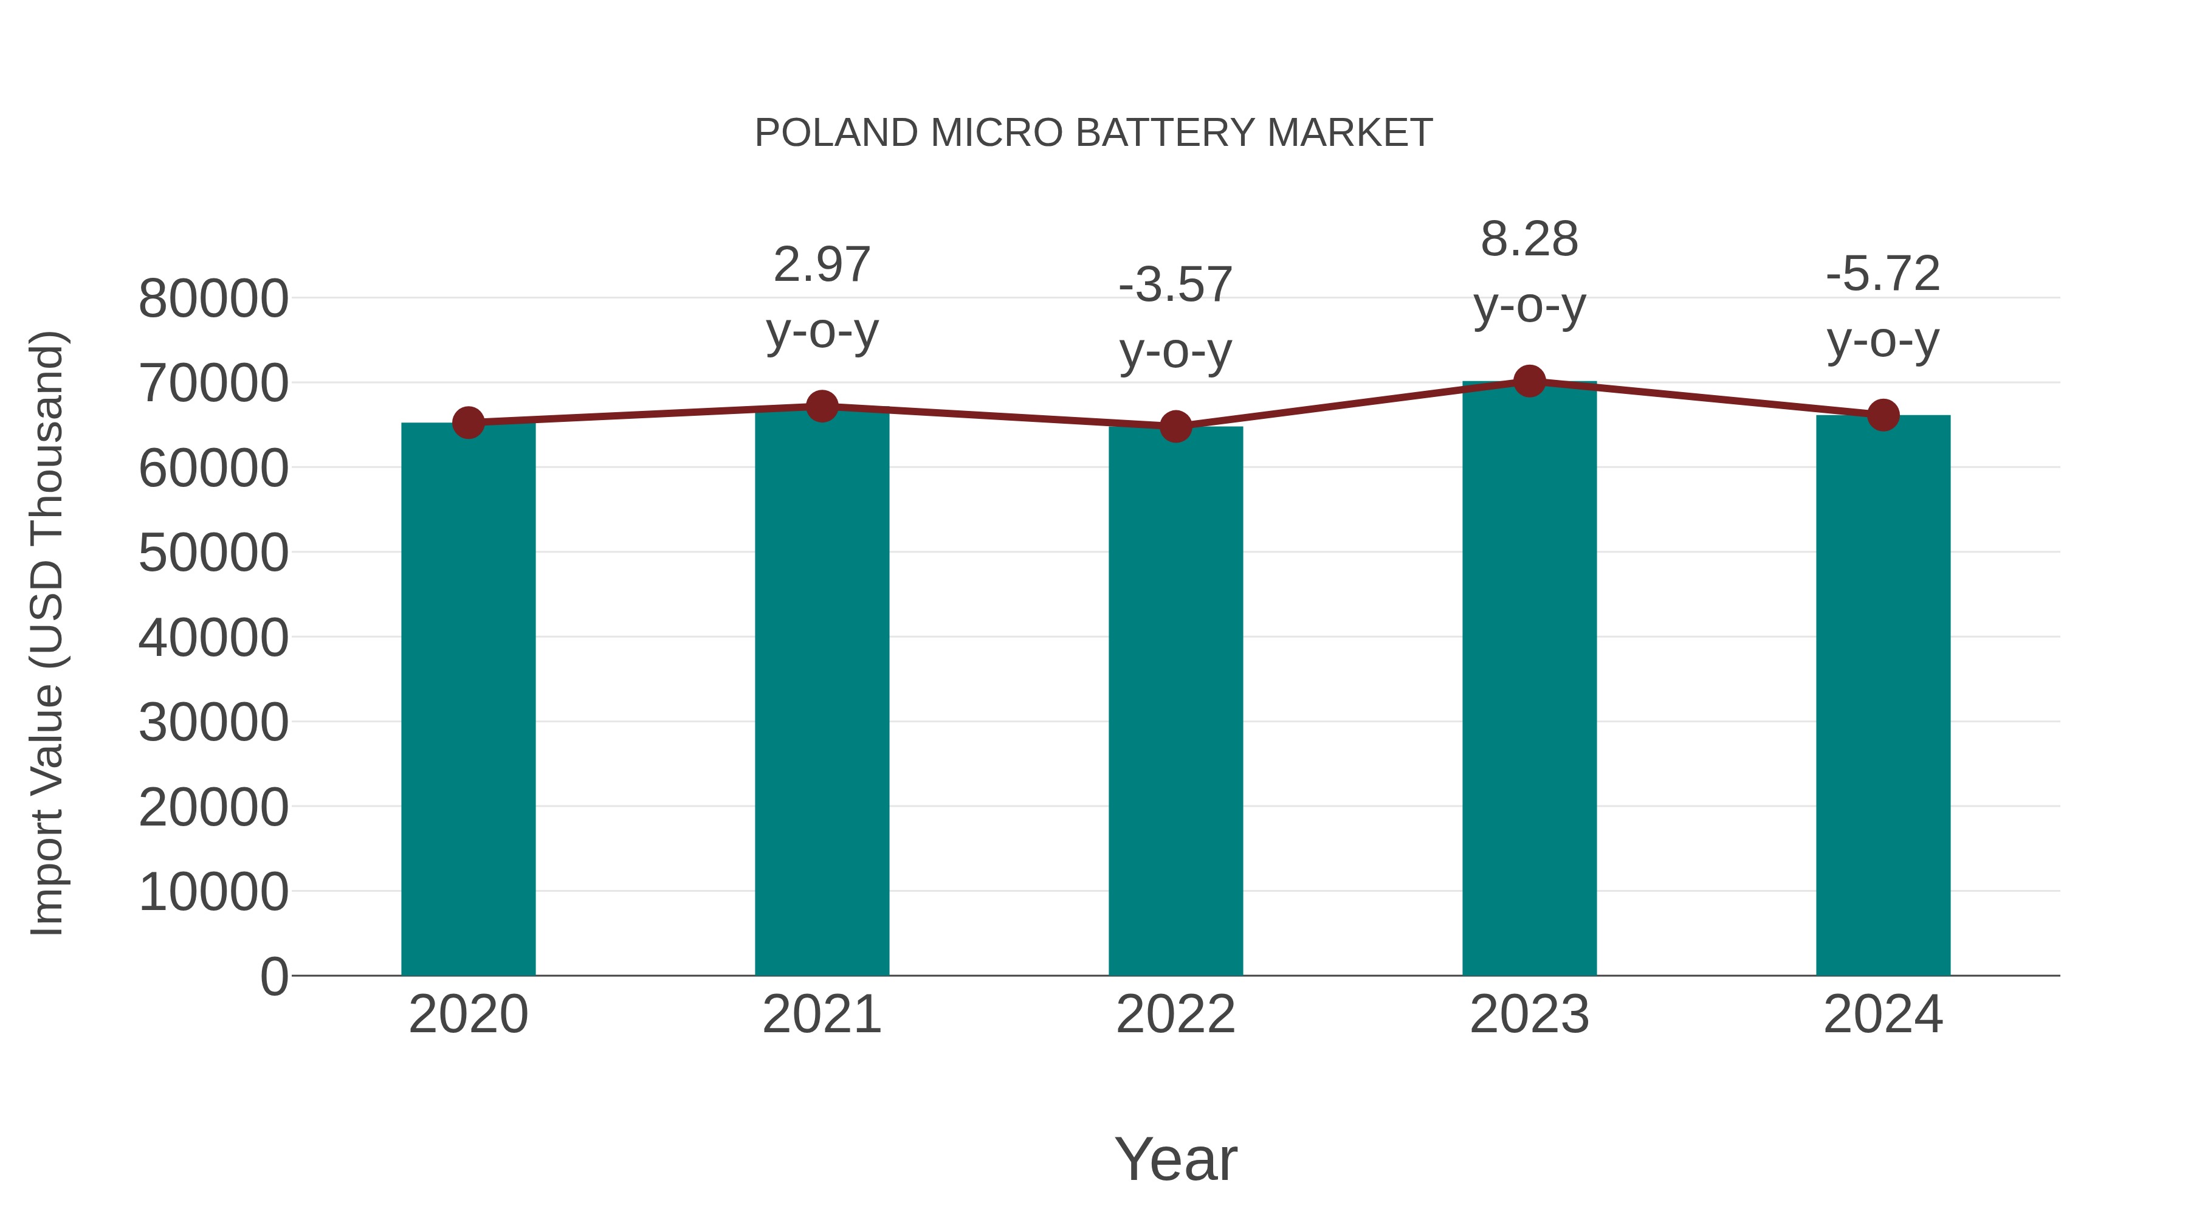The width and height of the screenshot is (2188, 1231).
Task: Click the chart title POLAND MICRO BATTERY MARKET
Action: click(1093, 133)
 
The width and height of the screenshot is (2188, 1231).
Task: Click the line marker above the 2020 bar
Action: click(468, 422)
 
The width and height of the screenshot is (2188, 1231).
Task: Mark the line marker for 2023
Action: click(1529, 381)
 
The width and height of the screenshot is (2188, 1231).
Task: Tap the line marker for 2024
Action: click(1883, 415)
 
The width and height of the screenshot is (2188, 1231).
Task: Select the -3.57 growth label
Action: click(1175, 286)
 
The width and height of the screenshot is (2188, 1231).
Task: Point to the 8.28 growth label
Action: click(1529, 240)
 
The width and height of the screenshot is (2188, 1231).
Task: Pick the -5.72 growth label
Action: click(1883, 274)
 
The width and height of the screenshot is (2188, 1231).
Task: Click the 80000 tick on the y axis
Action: click(213, 299)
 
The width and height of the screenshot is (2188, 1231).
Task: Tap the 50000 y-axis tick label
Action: click(213, 553)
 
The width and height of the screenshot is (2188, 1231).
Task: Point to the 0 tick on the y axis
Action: click(274, 976)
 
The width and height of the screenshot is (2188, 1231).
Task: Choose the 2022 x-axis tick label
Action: click(1175, 1015)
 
